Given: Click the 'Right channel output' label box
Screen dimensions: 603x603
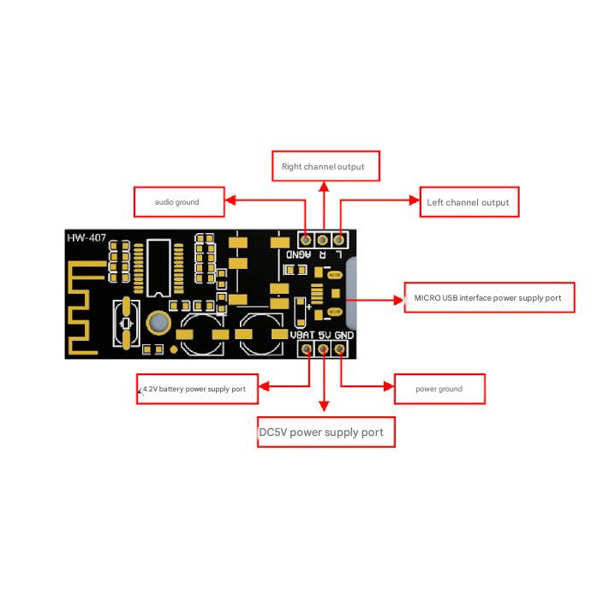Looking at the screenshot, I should click(x=325, y=166).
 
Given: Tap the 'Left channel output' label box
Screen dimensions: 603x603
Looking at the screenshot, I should click(x=469, y=202).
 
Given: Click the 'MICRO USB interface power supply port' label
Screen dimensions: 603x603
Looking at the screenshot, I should click(x=488, y=297).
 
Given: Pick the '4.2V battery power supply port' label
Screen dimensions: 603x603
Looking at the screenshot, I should click(x=196, y=389).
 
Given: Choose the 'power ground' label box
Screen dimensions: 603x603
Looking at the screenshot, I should click(x=439, y=389).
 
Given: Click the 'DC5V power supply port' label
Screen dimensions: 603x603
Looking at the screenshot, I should click(x=326, y=433).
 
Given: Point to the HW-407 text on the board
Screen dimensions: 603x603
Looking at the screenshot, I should click(x=87, y=237).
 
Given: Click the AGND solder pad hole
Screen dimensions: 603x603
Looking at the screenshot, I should click(x=306, y=240).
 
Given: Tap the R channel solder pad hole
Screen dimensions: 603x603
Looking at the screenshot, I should click(x=323, y=240).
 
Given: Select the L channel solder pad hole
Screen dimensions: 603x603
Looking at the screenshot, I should click(x=339, y=240).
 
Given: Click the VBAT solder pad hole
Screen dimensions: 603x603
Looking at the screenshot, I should click(x=306, y=349).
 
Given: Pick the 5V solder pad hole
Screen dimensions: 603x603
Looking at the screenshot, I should click(x=323, y=349).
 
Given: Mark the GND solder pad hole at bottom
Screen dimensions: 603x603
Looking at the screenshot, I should click(x=340, y=349).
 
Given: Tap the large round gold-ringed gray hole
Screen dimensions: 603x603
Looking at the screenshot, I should click(x=158, y=322).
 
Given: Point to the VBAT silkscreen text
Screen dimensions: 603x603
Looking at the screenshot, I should click(x=303, y=335).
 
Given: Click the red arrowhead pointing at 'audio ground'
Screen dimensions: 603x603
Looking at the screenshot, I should click(x=230, y=202).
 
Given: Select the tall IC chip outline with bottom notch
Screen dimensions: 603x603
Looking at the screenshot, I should click(x=158, y=269).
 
